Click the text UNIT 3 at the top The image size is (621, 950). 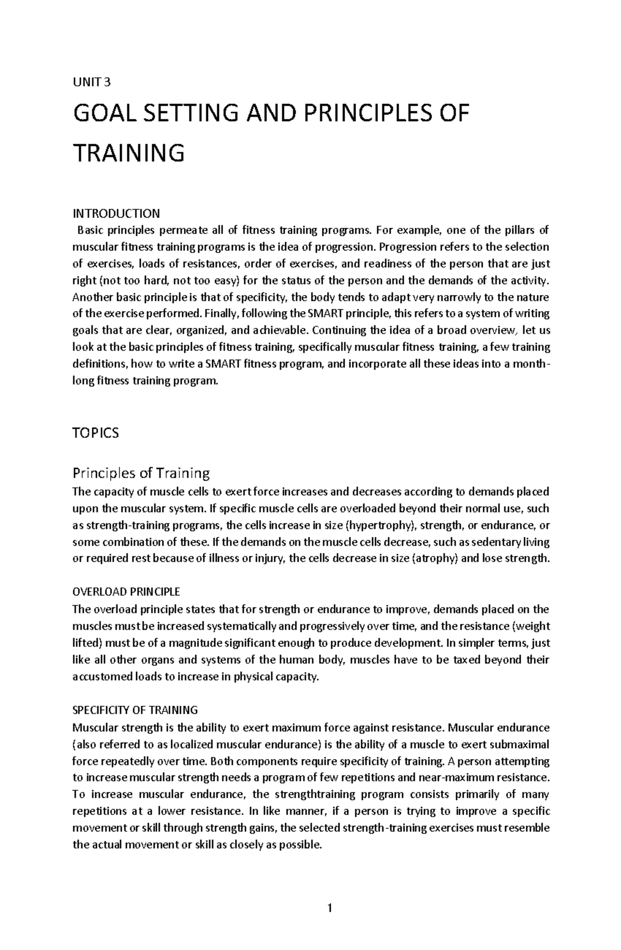click(x=92, y=82)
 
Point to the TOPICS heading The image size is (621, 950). click(x=95, y=433)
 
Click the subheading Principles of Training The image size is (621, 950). click(x=141, y=473)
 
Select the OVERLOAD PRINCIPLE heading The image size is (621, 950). click(x=126, y=591)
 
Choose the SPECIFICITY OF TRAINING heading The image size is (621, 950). click(x=135, y=710)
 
